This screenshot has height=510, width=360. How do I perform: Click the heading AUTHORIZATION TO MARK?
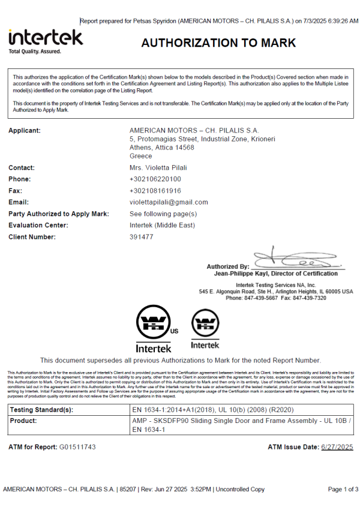click(x=218, y=43)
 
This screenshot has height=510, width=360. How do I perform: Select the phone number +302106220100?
click(x=155, y=179)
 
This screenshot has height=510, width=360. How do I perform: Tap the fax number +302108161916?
click(x=155, y=191)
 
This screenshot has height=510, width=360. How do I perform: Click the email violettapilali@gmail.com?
click(x=169, y=202)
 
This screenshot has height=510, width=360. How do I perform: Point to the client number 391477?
click(x=142, y=237)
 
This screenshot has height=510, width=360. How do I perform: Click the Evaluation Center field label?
click(x=38, y=226)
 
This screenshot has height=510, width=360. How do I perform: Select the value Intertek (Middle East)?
click(x=162, y=226)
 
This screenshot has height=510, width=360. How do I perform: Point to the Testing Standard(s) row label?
click(x=41, y=410)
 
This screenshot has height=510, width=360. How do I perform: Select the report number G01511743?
click(x=77, y=448)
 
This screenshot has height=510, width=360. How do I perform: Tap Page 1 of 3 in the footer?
click(x=343, y=490)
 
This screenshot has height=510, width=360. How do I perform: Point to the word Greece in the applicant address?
click(x=141, y=156)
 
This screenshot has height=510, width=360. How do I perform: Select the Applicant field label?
click(x=25, y=131)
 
